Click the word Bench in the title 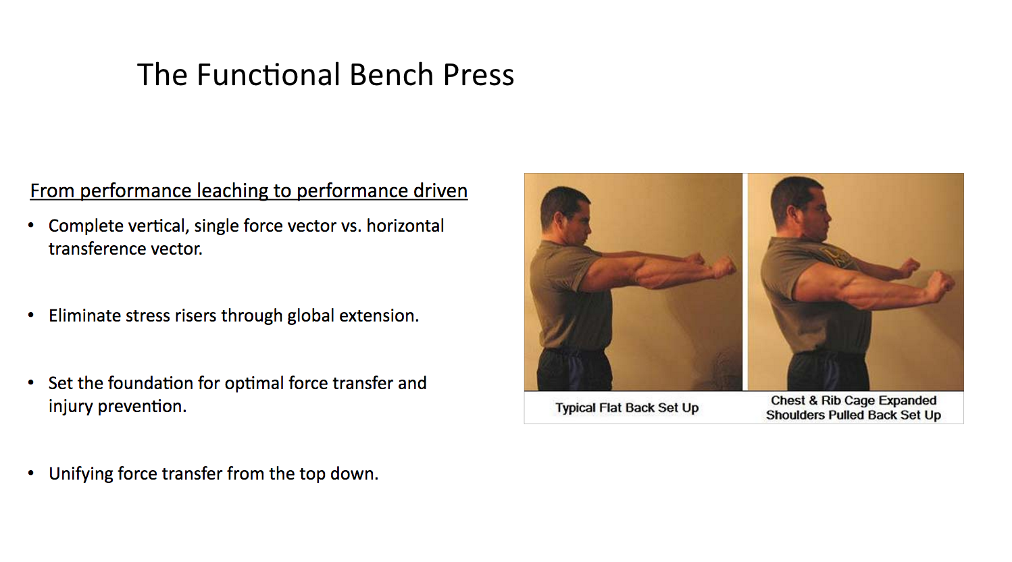391,74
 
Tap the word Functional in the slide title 268,74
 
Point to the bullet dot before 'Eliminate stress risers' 30,315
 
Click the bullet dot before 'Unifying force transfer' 30,473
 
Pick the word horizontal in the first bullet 405,226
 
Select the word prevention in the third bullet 142,407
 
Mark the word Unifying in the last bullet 81,474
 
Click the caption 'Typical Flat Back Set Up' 627,407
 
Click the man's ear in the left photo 564,218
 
